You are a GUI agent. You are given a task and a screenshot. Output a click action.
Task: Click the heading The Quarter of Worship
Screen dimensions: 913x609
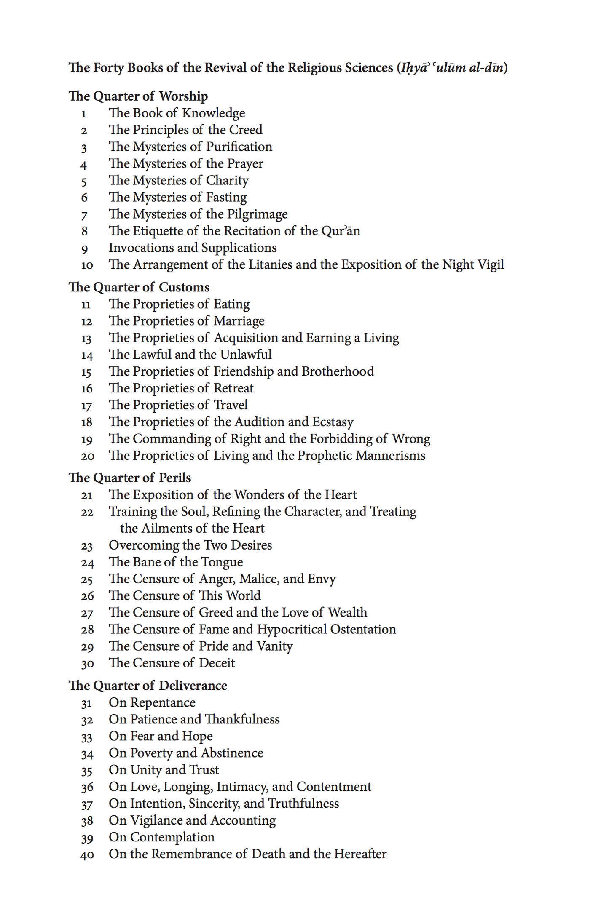[x=138, y=96]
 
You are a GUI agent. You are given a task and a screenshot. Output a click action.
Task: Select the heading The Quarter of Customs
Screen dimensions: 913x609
[x=139, y=287]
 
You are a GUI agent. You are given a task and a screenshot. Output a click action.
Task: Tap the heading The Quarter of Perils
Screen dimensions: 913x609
[x=129, y=478]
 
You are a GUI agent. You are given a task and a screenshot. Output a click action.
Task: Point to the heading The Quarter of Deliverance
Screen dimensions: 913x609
[x=148, y=686]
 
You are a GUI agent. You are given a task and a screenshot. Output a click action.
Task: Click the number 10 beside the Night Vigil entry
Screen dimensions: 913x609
[x=87, y=265]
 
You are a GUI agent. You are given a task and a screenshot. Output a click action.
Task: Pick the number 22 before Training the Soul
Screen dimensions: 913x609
[x=87, y=513]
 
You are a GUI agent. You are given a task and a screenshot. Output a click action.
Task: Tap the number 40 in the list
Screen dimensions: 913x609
[x=87, y=855]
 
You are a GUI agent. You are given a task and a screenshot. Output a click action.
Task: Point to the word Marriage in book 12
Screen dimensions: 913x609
[x=239, y=321]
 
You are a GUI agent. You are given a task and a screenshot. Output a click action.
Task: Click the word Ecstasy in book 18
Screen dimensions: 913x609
[x=333, y=422]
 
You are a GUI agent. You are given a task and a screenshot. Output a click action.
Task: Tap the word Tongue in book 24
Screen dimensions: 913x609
[x=222, y=562]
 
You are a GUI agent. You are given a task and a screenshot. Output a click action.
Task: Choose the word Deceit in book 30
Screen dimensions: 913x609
[x=217, y=663]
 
